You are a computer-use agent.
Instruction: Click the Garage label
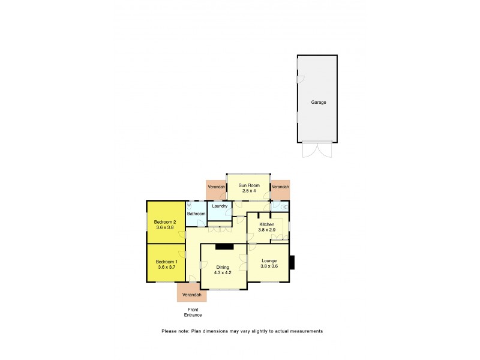[318, 103]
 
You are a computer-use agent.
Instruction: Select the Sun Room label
[249, 186]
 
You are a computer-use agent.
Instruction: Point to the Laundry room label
[220, 206]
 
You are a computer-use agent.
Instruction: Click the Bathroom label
[196, 214]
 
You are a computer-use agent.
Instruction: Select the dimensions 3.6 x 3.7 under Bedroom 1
[166, 268]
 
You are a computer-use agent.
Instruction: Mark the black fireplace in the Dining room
[224, 246]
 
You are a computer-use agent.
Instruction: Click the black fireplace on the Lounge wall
[292, 263]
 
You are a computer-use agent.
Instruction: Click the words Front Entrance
[193, 312]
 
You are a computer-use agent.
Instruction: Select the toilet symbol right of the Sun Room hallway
[284, 207]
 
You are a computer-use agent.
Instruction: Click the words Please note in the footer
[175, 331]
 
